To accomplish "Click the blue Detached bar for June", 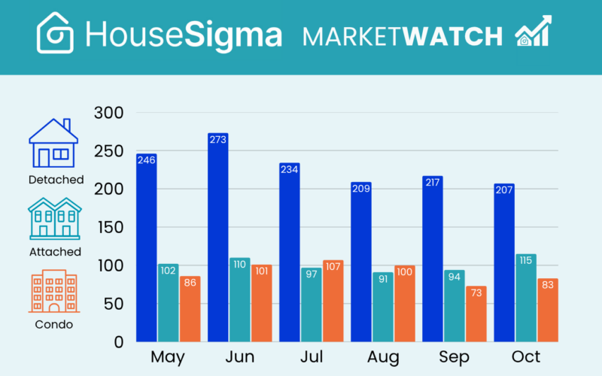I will [x=217, y=241].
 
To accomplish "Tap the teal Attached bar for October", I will [x=526, y=301].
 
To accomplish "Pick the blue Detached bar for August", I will [x=360, y=263].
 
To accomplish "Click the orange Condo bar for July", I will [x=333, y=301].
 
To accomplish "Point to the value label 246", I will [x=146, y=159].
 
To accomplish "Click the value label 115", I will [x=525, y=260].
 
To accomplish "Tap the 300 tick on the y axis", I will [x=108, y=114].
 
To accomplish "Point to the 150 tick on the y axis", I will [x=108, y=228].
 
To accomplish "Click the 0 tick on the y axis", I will [x=118, y=342].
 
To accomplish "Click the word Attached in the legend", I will [x=55, y=252].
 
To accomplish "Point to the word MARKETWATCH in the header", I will [x=403, y=35].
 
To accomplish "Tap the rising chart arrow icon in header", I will [x=533, y=32].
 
